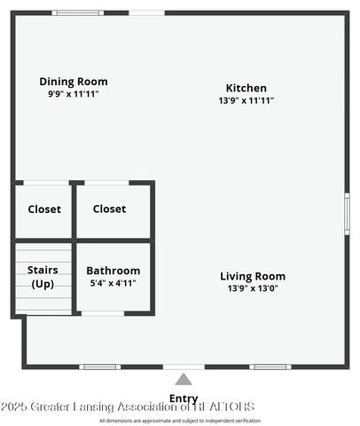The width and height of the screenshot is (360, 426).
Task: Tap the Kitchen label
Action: click(x=246, y=88)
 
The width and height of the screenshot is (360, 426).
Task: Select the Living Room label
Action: click(x=253, y=276)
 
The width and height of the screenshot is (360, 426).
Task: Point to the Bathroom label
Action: click(x=113, y=271)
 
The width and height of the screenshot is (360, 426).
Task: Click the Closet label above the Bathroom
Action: click(x=109, y=209)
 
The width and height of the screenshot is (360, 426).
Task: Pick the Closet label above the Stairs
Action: click(x=44, y=209)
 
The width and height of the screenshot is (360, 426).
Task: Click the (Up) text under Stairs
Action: click(x=43, y=284)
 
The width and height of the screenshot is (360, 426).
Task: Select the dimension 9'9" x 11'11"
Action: click(x=74, y=93)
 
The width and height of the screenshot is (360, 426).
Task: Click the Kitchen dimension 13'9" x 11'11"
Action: click(x=246, y=100)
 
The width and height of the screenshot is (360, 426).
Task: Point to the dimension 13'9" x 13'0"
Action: click(x=253, y=288)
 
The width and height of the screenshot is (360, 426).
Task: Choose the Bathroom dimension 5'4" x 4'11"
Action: click(x=113, y=283)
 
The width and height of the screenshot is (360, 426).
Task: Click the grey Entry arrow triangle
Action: click(x=183, y=379)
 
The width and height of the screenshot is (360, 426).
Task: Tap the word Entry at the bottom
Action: click(x=183, y=398)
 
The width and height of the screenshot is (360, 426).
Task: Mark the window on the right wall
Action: click(x=347, y=213)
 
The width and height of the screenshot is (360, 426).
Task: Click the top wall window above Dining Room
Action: click(x=77, y=12)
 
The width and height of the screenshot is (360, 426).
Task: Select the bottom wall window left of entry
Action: click(x=99, y=367)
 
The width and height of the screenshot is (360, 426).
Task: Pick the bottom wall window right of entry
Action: click(x=270, y=367)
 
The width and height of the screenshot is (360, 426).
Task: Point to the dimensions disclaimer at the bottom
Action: click(x=180, y=420)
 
